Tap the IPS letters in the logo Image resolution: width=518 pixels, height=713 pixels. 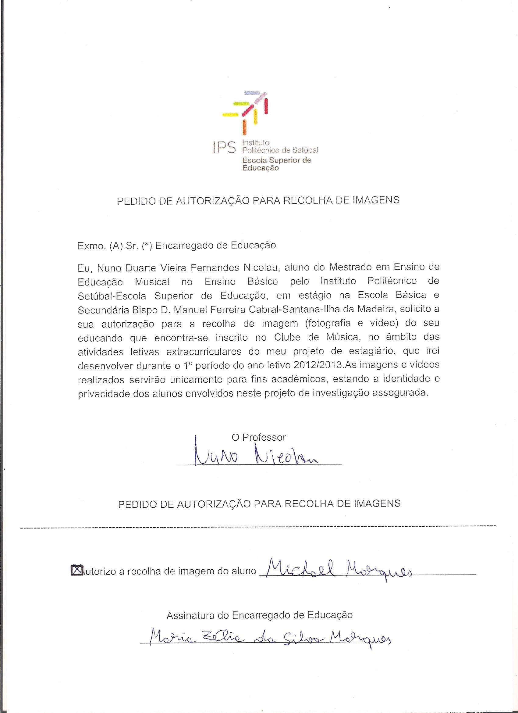pyautogui.click(x=224, y=147)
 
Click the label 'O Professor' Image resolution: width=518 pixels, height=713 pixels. pyautogui.click(x=259, y=437)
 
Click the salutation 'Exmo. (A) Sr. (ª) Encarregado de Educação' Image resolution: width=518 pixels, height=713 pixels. pyautogui.click(x=176, y=245)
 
